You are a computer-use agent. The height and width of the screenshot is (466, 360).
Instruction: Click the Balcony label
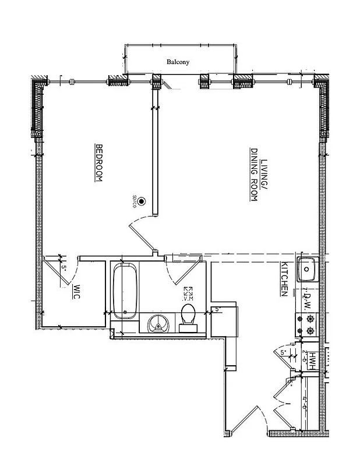178,61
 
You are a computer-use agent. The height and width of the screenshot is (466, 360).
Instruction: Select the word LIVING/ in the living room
263,173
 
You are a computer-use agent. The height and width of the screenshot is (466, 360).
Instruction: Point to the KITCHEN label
284,280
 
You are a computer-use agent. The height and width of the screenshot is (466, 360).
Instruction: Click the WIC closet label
76,292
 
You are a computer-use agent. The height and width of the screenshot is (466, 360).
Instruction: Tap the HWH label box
313,359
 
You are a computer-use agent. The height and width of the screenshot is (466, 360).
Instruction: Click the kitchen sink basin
306,269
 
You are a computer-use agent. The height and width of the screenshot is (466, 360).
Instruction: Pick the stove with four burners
306,325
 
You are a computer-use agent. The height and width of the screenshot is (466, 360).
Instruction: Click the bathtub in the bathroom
125,291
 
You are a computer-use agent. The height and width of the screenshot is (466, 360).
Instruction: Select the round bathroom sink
157,323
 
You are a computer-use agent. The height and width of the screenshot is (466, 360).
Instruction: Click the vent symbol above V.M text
188,290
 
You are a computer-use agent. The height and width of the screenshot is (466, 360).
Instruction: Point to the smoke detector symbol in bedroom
142,201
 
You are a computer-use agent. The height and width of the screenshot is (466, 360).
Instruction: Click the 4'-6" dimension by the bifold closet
305,404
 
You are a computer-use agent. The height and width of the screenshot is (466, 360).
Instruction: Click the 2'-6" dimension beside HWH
305,356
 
